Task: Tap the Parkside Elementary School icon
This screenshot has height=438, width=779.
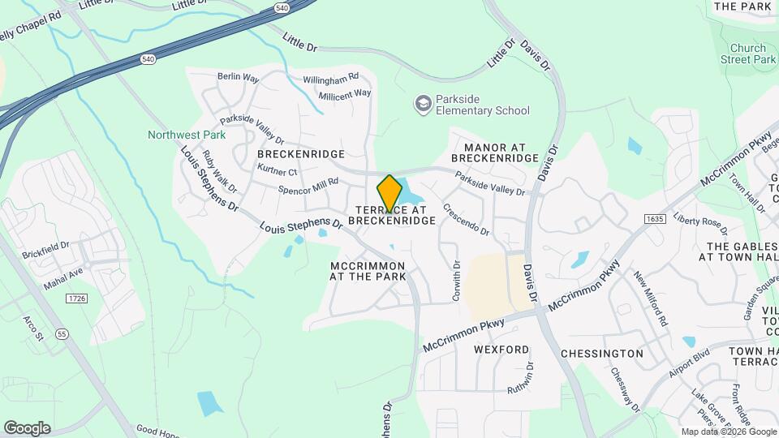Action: (423, 103)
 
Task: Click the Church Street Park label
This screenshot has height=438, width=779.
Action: (748, 54)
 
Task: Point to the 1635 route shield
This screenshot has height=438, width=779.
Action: (655, 220)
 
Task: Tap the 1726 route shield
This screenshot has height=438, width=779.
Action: (76, 300)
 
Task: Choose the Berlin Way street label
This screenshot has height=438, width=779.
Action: (238, 78)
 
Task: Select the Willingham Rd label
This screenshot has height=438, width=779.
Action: (330, 78)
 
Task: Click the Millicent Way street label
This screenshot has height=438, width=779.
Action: (344, 94)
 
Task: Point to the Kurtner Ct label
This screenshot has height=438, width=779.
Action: (277, 171)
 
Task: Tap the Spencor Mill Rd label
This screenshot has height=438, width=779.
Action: (308, 186)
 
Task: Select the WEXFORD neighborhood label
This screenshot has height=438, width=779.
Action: (501, 350)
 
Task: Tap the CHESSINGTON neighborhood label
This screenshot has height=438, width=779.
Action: (601, 354)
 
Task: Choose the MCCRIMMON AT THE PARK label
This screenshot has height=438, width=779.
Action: (368, 271)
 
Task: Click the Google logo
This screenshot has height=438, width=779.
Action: (27, 428)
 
